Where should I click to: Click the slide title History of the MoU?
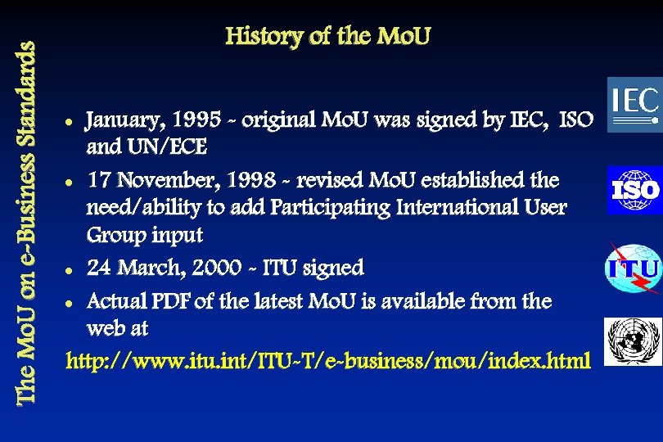coord(327,37)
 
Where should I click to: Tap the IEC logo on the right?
coord(634,104)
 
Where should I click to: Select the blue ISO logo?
coord(634,190)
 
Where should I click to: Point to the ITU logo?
coord(633,268)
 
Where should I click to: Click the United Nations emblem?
coord(632,341)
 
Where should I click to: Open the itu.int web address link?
coord(327,360)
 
